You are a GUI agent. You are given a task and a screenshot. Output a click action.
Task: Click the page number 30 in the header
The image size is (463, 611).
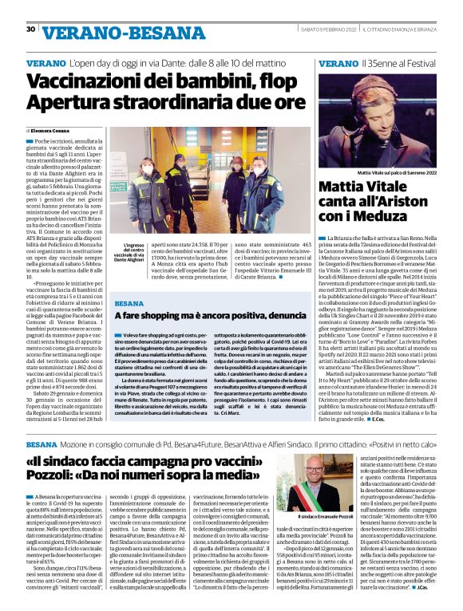30,30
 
